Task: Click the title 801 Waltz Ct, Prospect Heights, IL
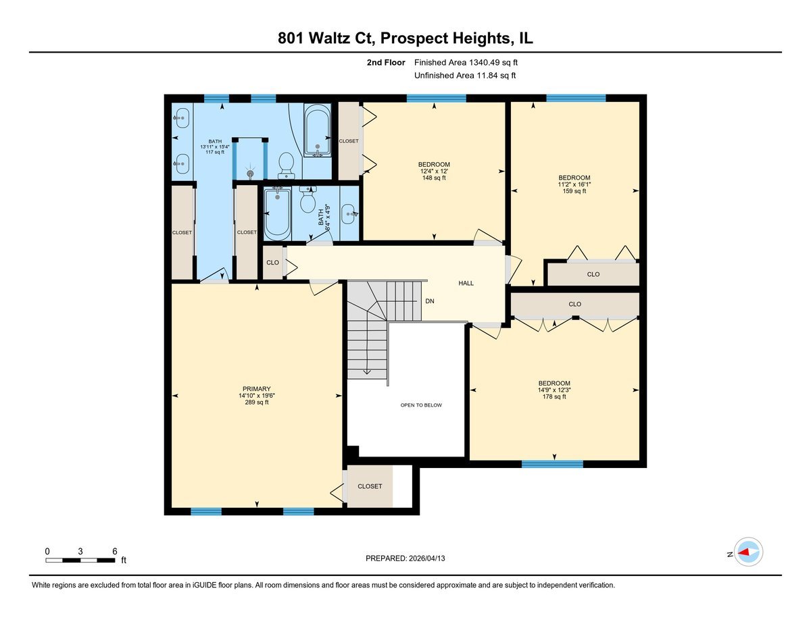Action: (x=405, y=38)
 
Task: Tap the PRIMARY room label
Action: (x=257, y=396)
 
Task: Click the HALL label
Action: (x=466, y=283)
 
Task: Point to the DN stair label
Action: (x=429, y=301)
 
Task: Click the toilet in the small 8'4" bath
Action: (x=308, y=200)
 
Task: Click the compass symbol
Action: (x=748, y=552)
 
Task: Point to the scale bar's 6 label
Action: (x=114, y=551)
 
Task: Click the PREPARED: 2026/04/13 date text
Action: (x=406, y=558)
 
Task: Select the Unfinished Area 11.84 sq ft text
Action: (x=465, y=76)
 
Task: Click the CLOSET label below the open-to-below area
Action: (x=370, y=486)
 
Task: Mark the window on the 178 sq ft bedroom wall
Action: (x=552, y=464)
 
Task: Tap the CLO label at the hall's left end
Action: (x=272, y=263)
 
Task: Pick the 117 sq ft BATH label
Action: (x=215, y=147)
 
